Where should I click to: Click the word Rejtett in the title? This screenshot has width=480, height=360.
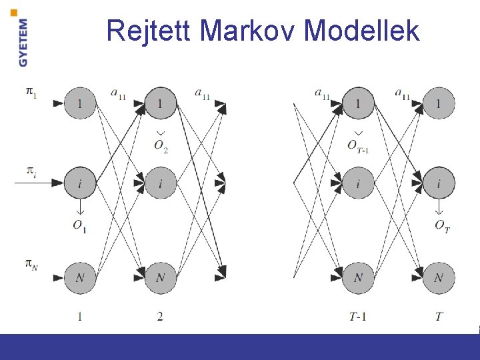149,30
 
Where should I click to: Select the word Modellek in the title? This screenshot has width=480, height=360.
362,30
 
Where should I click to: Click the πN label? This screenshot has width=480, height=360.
31,265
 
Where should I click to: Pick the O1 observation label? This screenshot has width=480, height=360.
80,225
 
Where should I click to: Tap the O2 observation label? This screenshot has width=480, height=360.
161,146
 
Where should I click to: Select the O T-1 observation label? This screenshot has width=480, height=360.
359,146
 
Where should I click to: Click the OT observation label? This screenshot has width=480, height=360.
441,225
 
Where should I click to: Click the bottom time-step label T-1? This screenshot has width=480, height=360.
358,317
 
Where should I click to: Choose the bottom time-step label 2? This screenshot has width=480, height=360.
160,317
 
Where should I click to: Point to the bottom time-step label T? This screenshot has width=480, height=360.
439,317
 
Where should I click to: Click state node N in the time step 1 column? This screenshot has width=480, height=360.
80,277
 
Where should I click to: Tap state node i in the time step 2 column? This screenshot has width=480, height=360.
160,183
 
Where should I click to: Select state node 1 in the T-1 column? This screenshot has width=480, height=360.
359,103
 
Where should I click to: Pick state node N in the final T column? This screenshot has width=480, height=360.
439,277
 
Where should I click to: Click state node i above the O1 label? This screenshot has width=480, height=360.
80,183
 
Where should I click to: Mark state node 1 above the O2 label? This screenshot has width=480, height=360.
160,103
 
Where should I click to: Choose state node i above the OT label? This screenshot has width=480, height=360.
439,183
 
